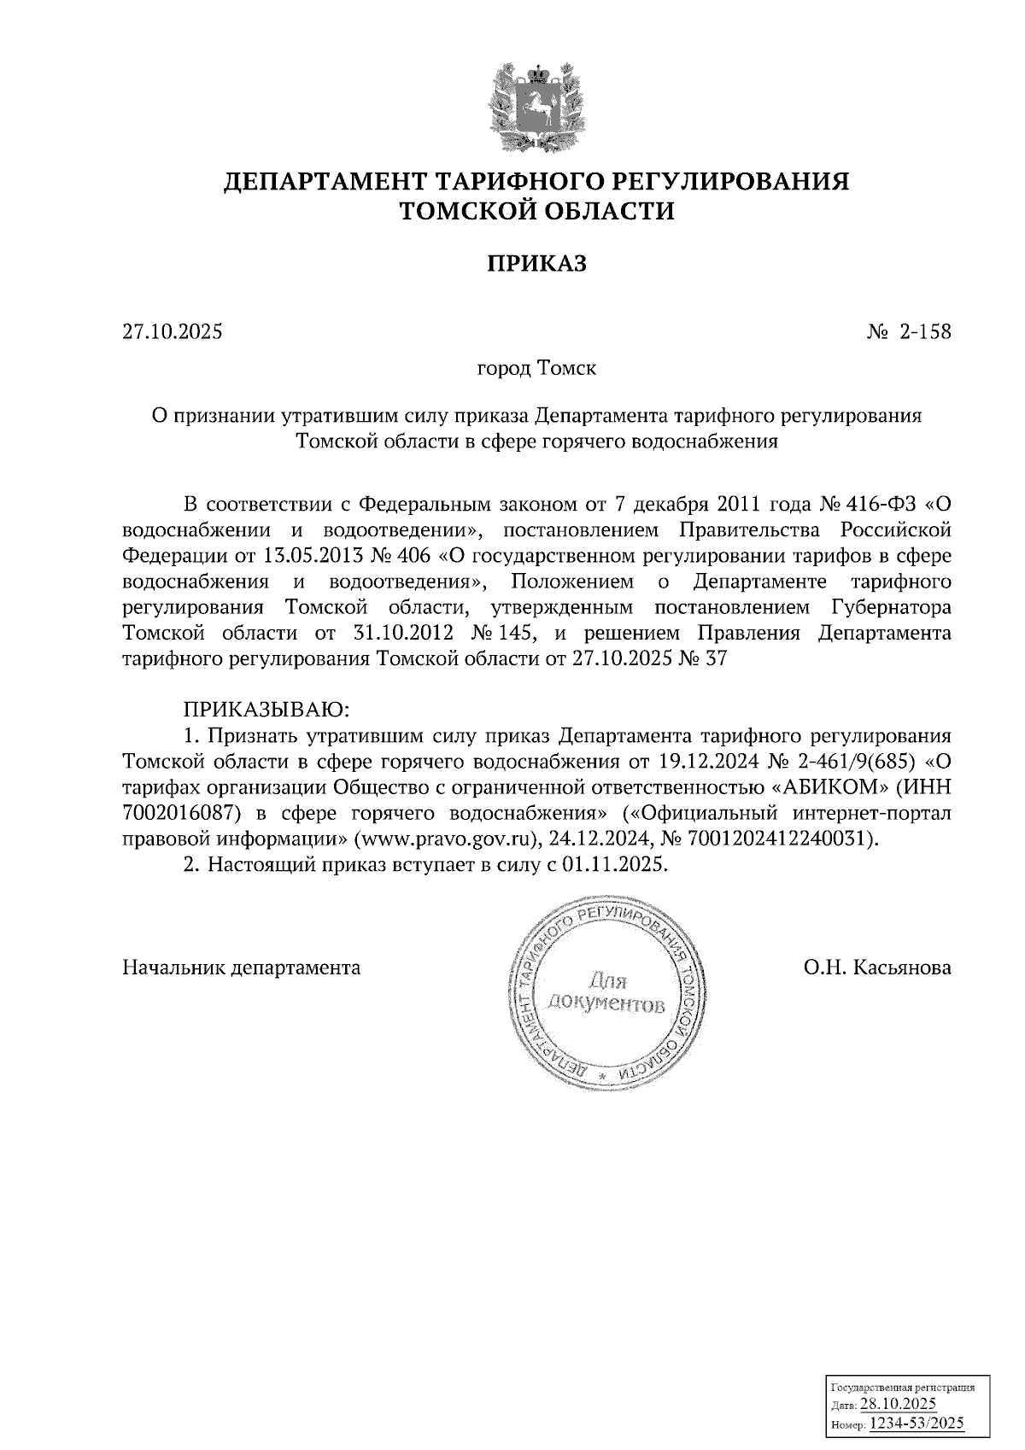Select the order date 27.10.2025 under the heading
pyautogui.click(x=173, y=331)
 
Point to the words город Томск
pyautogui.click(x=536, y=369)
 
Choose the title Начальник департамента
pyautogui.click(x=242, y=968)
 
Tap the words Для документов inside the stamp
pyautogui.click(x=606, y=991)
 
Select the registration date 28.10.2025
pyautogui.click(x=899, y=1405)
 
